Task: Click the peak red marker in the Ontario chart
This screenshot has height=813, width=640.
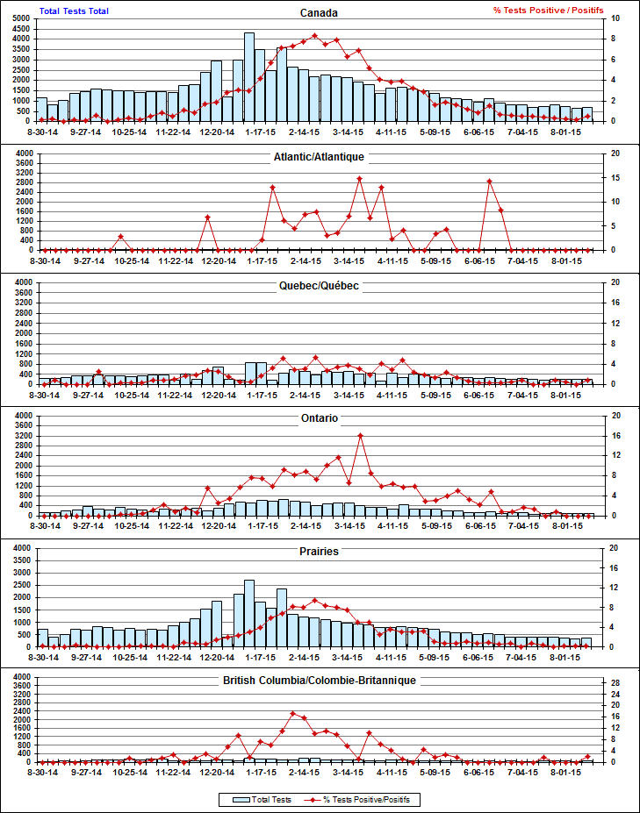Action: pyautogui.click(x=360, y=435)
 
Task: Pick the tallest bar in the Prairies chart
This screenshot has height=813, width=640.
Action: pyautogui.click(x=249, y=613)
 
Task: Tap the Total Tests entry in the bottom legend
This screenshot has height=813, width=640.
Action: pyautogui.click(x=260, y=800)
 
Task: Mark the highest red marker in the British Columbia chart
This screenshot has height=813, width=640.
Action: pyautogui.click(x=293, y=713)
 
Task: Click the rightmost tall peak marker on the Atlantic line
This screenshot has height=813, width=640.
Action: pyautogui.click(x=489, y=181)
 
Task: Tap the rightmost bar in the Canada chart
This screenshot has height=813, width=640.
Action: pyautogui.click(x=587, y=114)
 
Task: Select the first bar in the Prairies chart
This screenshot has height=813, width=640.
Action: pyautogui.click(x=42, y=638)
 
